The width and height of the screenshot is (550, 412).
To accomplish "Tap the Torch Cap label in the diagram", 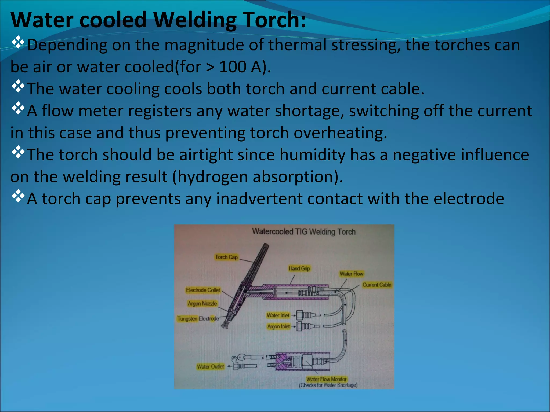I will pos(226,257).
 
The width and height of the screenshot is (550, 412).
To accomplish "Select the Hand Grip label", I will pos(299,268).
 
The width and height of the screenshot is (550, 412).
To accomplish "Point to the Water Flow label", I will pos(351,274).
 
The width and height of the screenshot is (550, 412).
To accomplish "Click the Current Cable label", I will pos(377,285).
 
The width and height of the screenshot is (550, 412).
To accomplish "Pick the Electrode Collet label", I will pos(203,290).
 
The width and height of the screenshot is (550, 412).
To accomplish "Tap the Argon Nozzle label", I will pos(202,303).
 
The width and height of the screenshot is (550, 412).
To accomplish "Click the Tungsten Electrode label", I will pos(198,319).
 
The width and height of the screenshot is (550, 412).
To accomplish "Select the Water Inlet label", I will pos(278,315).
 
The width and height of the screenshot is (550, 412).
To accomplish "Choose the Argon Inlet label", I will pos(278,326).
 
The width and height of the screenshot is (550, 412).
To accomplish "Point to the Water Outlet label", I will pos(210,366).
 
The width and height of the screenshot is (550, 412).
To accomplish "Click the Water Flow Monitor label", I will pos(326,379).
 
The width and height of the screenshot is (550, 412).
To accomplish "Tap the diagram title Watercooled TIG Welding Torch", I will pos(304,231).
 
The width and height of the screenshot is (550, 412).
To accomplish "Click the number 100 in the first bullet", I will pos(233,67).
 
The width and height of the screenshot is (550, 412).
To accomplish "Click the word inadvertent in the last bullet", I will pos(259,199).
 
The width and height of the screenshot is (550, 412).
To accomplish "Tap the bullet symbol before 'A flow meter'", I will pos(18,108).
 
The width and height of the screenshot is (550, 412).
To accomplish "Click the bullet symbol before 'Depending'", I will pos(18,42).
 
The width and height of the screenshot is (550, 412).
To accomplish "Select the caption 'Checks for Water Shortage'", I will pos(328,385).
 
